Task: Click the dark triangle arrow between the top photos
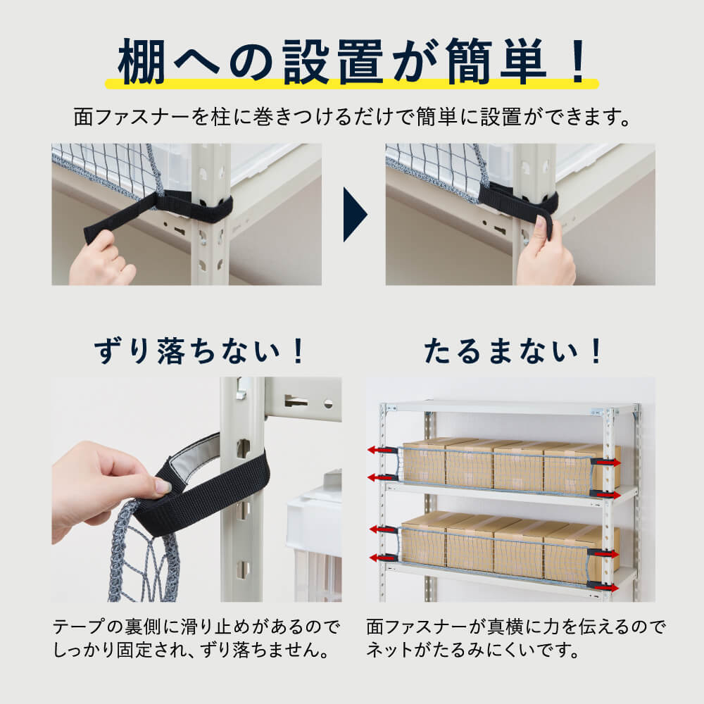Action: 354,214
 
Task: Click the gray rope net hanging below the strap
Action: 144,556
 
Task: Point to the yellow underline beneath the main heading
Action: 352,84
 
